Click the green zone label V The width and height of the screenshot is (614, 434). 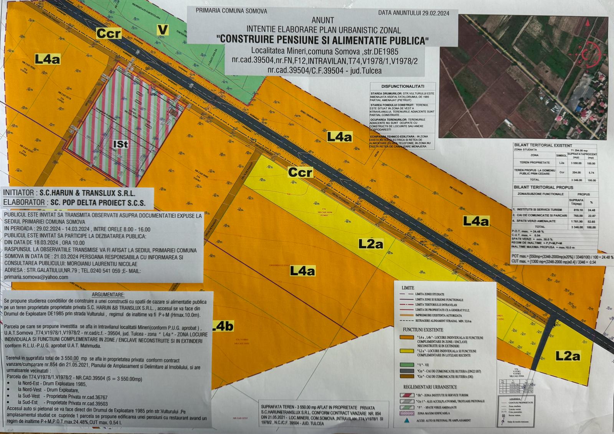tap(163, 30)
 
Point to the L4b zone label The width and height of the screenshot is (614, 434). tap(222, 326)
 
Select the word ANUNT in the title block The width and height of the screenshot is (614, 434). tap(323, 20)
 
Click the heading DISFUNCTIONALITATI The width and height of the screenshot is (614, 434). tap(403, 86)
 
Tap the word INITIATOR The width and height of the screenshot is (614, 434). tap(18, 193)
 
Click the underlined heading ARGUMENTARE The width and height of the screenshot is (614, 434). tap(108, 295)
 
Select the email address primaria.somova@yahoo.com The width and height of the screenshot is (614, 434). tap(36, 277)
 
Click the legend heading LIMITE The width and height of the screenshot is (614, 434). tap(408, 288)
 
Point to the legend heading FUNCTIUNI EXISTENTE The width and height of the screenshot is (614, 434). tap(423, 330)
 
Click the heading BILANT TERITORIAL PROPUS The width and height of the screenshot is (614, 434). tap(543, 187)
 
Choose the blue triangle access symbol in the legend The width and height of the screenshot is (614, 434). tap(406, 420)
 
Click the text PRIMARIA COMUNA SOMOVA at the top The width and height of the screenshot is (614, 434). tap(231, 11)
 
